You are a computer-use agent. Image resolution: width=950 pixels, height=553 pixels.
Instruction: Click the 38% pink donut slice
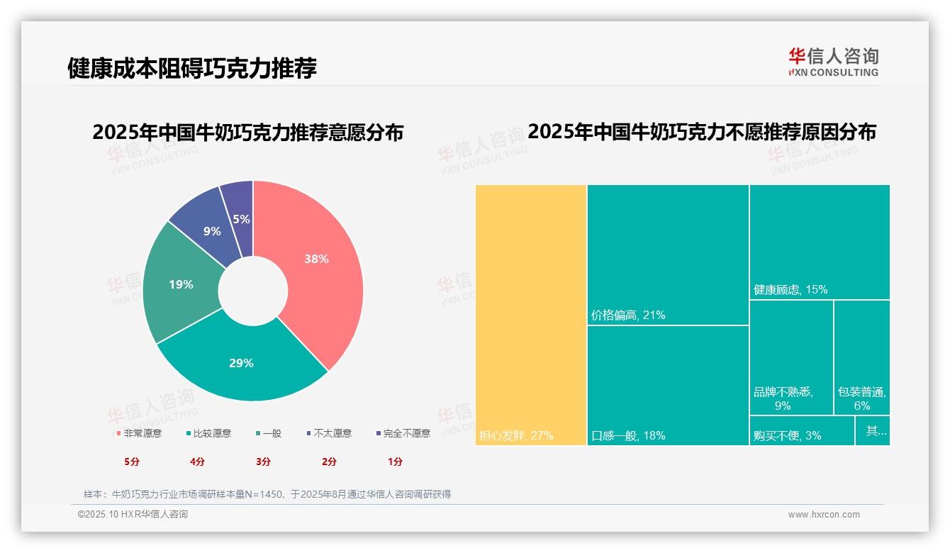click(x=315, y=259)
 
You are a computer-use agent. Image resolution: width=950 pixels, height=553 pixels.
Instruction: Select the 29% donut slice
click(x=241, y=362)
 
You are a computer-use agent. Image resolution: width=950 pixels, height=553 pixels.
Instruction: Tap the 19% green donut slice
click(x=181, y=284)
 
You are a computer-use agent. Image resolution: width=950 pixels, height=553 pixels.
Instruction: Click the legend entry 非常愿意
click(x=139, y=433)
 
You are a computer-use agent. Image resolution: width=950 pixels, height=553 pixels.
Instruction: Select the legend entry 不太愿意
click(x=329, y=433)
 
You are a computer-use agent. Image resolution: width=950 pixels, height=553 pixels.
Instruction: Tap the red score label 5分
click(x=132, y=462)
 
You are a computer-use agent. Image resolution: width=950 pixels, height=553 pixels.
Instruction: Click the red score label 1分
click(x=395, y=462)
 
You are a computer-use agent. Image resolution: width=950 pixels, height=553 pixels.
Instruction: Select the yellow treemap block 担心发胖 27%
click(x=531, y=315)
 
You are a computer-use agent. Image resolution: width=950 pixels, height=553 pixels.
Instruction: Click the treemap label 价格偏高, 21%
click(x=628, y=315)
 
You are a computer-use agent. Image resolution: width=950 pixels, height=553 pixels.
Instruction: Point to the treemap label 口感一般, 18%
click(x=628, y=436)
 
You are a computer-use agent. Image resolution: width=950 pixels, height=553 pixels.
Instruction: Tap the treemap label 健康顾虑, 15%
click(x=790, y=290)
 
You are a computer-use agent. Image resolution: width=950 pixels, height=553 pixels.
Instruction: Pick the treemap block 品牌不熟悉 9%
click(x=791, y=358)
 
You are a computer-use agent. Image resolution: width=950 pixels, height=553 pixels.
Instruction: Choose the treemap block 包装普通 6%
click(x=861, y=358)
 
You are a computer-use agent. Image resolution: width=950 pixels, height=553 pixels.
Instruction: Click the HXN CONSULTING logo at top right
click(x=833, y=62)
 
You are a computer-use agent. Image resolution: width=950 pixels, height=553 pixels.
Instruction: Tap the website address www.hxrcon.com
click(x=824, y=515)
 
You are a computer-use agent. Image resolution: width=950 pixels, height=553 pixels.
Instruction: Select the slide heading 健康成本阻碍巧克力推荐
click(x=192, y=68)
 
